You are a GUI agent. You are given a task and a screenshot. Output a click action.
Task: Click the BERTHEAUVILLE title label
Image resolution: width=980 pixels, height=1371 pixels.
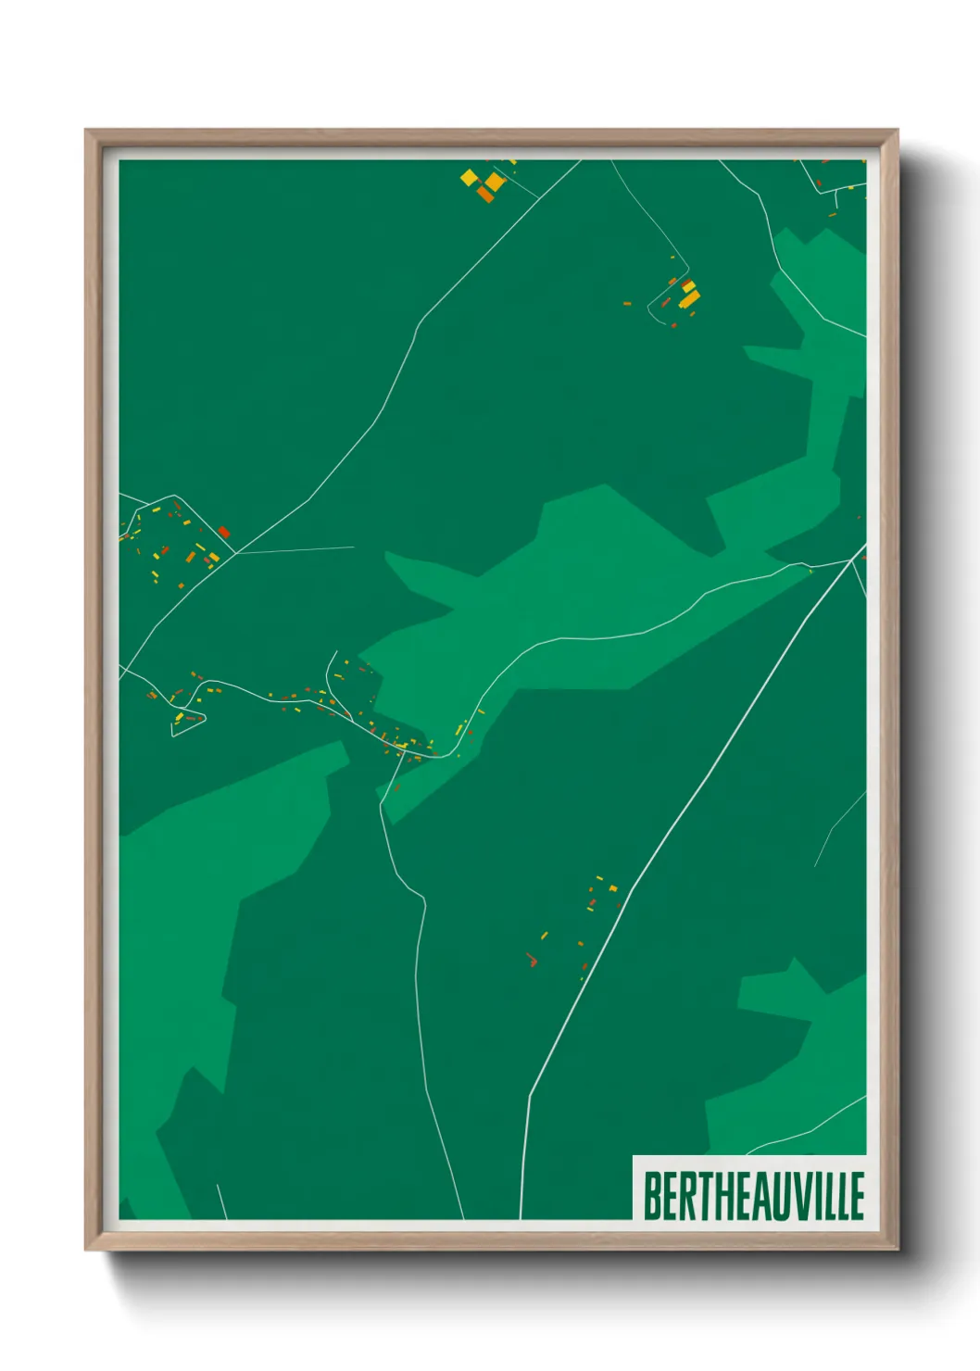pos(753,1195)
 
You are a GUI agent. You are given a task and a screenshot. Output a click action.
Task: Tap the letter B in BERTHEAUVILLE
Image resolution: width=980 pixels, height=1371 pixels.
pos(653,1196)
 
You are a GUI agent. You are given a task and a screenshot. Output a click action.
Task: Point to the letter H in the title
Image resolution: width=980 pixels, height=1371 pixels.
pos(715,1196)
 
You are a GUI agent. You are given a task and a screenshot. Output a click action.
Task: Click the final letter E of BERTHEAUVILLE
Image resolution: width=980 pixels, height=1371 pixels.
pos(856,1196)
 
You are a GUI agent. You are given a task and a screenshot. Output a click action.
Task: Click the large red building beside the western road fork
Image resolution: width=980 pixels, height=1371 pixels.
pos(223,532)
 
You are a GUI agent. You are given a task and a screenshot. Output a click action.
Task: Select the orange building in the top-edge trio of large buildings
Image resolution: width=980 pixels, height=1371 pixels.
pos(484,193)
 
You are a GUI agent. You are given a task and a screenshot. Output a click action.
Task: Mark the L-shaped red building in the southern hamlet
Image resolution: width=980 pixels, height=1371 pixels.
pos(532,961)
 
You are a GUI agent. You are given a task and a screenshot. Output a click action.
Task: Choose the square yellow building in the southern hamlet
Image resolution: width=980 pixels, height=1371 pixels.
pos(612,888)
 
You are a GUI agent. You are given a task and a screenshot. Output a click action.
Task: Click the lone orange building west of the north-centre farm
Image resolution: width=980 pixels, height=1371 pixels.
pos(627,303)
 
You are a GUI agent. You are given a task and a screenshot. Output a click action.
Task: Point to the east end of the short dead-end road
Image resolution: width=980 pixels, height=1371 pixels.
pos(353,547)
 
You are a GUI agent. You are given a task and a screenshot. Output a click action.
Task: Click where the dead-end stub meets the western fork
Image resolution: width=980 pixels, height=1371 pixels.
pos(236,553)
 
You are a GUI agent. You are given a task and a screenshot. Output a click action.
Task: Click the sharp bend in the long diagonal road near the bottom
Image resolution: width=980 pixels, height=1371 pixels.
pos(530,1096)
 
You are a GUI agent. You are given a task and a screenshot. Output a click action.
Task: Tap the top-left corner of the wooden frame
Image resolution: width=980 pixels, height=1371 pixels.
pos(87,132)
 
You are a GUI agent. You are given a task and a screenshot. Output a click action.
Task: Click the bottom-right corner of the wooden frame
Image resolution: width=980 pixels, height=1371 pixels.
pos(896,1249)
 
